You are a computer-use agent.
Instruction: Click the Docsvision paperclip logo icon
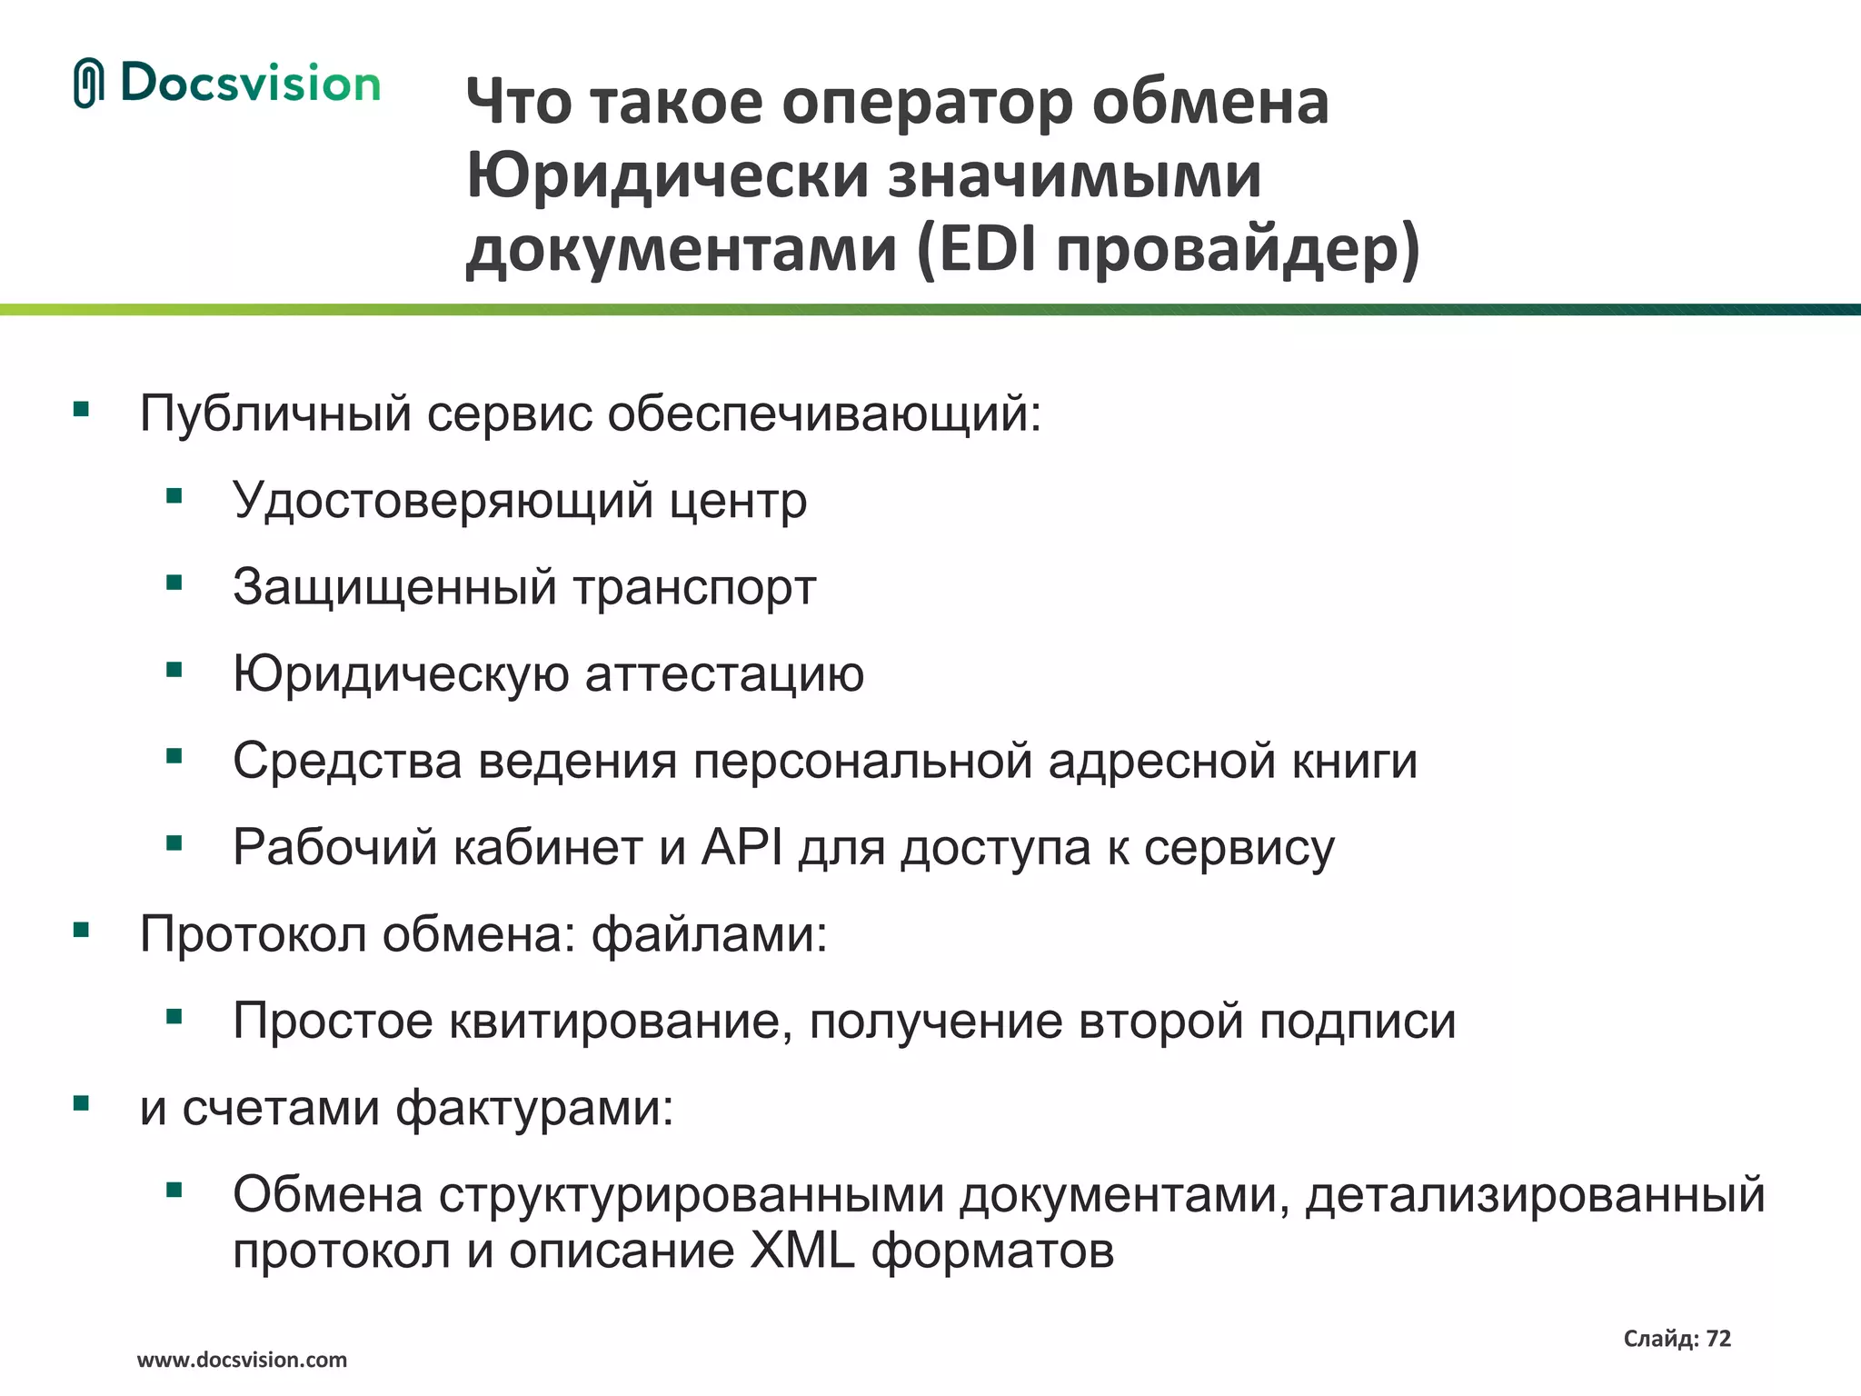(x=88, y=84)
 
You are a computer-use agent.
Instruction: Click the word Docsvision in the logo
(x=250, y=84)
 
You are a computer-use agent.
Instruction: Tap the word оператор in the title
(x=928, y=102)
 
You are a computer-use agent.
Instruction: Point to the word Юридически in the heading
(x=667, y=175)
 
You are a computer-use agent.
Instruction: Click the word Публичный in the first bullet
(x=275, y=414)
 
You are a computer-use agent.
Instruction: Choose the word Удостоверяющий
(x=443, y=501)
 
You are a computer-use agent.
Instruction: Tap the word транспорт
(x=694, y=587)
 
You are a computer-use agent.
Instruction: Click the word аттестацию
(x=724, y=674)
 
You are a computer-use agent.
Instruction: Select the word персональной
(x=862, y=761)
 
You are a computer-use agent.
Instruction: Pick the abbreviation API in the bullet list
(x=741, y=847)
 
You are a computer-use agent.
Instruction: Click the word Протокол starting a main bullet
(x=253, y=934)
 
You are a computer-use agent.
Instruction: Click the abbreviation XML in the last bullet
(x=801, y=1251)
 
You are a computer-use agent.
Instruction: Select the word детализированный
(x=1535, y=1194)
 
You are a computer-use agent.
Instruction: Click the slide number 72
(x=1718, y=1339)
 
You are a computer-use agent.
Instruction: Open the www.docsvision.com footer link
(x=242, y=1361)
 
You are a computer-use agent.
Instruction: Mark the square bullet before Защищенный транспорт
(x=174, y=583)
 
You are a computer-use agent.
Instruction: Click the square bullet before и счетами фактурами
(x=82, y=1104)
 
